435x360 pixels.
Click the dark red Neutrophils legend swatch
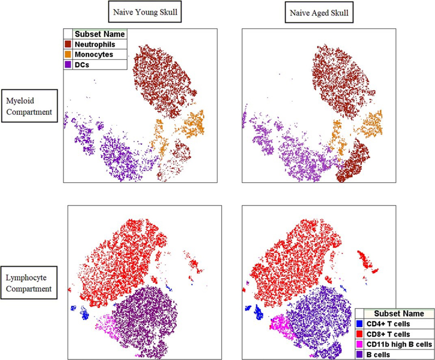69,44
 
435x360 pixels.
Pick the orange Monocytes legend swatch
69,54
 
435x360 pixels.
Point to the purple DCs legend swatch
69,64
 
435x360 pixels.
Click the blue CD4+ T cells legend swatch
359,325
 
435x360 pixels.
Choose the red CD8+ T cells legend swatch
359,334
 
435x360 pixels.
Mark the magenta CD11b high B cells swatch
359,344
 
